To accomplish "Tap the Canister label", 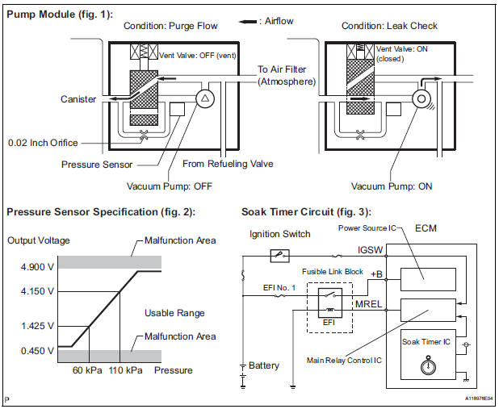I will (x=78, y=100).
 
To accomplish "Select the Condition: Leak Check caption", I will (x=389, y=26).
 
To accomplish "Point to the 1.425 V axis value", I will (x=29, y=327).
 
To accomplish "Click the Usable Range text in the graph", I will (x=174, y=312).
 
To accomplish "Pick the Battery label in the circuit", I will (x=263, y=365).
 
